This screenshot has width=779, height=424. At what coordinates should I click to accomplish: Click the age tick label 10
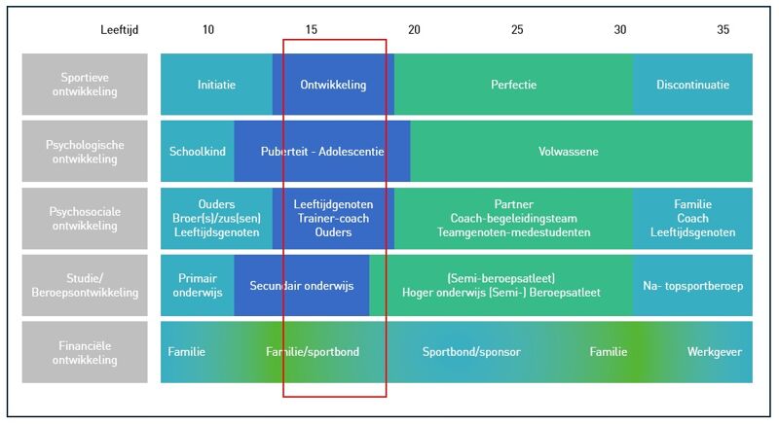208,30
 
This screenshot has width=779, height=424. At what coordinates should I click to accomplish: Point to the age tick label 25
517,30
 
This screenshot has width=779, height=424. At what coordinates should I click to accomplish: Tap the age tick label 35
723,30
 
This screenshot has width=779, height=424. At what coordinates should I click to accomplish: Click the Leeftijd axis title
120,30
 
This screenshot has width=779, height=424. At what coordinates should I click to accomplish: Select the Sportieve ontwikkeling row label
86,85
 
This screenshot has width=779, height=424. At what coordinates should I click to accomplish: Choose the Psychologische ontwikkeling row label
86,152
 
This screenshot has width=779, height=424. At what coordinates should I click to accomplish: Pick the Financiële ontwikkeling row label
86,352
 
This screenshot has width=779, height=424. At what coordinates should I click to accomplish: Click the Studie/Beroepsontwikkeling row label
86,286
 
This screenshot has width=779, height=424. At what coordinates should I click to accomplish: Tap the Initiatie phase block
216,85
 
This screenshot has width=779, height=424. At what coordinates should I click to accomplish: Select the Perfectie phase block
513,85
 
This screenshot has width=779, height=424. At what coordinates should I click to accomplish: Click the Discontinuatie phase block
692,85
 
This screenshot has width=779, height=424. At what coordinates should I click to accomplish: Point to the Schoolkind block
198,152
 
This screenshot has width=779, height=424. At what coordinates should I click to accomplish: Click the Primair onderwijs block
198,286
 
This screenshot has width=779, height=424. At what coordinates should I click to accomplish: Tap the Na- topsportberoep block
692,286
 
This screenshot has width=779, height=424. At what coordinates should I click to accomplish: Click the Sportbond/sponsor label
471,351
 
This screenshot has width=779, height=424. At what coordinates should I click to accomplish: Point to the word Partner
514,204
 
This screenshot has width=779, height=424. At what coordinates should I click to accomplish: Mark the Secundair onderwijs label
302,286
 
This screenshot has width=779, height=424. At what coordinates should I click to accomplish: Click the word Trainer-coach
333,219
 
